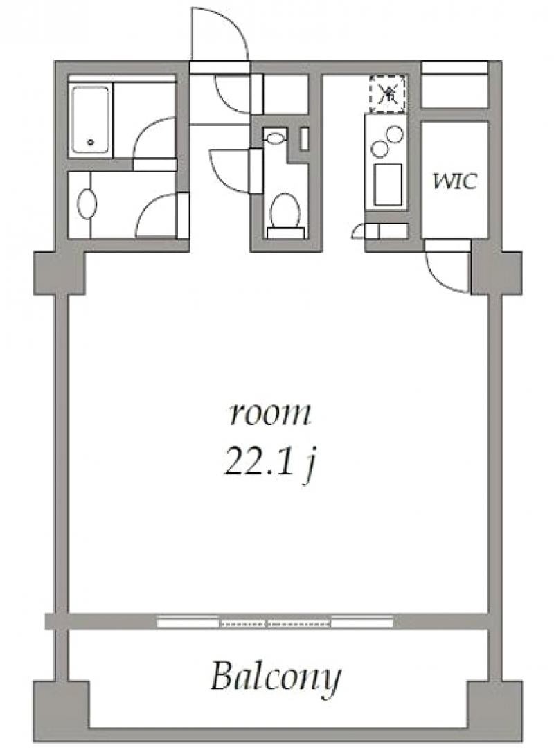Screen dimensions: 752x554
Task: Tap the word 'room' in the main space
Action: [x=270, y=415]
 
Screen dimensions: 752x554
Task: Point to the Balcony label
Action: [x=276, y=677]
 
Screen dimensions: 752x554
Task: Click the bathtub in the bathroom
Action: [x=90, y=120]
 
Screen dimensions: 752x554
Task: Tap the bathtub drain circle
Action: [x=90, y=144]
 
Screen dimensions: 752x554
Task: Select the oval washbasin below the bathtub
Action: [x=87, y=204]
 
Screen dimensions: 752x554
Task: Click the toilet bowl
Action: [x=285, y=209]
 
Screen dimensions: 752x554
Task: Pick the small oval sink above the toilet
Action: [x=275, y=136]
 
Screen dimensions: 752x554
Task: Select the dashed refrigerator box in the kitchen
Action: [x=388, y=93]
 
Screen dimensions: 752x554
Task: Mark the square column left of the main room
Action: [x=59, y=272]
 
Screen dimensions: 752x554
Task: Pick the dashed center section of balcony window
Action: [x=276, y=623]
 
